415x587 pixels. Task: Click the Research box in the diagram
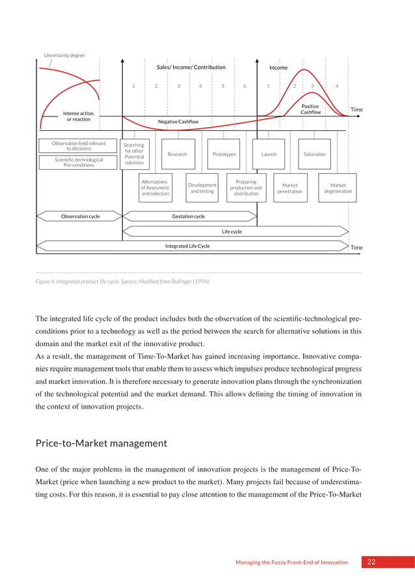(x=177, y=154)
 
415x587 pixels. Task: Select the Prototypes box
(x=224, y=154)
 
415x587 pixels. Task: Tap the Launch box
(x=269, y=154)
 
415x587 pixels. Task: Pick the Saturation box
(x=314, y=154)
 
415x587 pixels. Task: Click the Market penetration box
(x=289, y=188)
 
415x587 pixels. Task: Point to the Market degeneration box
(x=338, y=188)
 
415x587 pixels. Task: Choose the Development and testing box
(x=202, y=188)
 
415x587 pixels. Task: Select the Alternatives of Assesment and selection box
(x=155, y=188)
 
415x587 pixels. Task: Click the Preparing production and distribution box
(x=246, y=188)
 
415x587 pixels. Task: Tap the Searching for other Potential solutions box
(x=134, y=154)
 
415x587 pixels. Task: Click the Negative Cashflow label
(x=178, y=122)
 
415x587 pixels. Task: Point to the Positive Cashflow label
(x=310, y=109)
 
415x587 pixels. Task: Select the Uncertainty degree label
(x=64, y=55)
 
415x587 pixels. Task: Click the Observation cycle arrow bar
(x=80, y=216)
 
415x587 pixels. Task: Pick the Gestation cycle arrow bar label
(x=188, y=216)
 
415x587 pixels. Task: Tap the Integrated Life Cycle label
(x=187, y=246)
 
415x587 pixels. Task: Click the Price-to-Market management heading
(x=101, y=443)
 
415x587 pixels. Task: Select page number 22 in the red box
(x=371, y=562)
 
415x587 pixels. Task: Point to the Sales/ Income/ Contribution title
(x=191, y=67)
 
